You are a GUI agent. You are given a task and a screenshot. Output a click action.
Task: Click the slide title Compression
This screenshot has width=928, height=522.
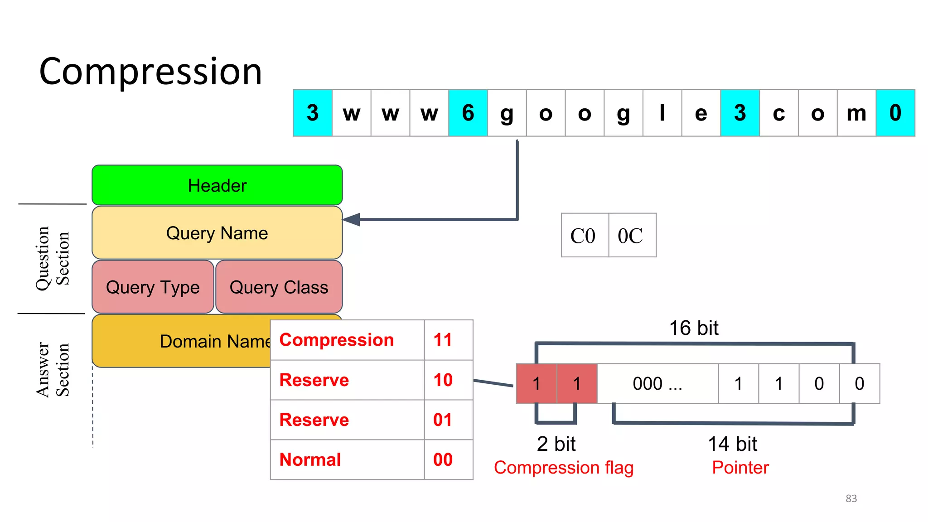click(150, 72)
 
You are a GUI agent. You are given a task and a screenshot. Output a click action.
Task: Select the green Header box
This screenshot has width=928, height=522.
click(217, 185)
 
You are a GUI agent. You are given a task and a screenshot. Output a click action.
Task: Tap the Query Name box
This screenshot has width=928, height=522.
click(217, 233)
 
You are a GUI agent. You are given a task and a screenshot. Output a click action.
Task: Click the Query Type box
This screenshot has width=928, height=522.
click(153, 287)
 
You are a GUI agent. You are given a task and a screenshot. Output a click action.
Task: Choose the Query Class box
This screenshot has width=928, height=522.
click(279, 287)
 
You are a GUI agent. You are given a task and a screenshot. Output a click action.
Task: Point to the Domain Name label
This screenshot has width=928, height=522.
click(215, 341)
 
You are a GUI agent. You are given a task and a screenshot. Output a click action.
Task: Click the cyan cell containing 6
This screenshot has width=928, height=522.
click(468, 113)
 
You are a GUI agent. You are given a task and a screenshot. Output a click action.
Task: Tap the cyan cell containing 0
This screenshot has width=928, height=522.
click(895, 113)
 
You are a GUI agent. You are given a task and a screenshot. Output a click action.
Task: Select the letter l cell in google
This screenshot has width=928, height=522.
click(662, 113)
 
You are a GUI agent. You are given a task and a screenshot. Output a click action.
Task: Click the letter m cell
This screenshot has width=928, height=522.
click(856, 113)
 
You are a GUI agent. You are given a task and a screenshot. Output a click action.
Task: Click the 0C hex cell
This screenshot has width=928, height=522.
click(632, 236)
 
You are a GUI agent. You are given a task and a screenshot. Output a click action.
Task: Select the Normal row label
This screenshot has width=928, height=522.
click(310, 459)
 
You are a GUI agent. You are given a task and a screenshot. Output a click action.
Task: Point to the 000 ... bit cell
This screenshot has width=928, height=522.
click(657, 383)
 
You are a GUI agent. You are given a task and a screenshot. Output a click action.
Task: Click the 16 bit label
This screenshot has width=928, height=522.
click(693, 328)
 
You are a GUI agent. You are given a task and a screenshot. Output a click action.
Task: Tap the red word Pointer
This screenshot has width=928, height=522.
click(740, 467)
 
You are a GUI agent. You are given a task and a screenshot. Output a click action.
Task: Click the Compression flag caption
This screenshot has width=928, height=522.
click(563, 467)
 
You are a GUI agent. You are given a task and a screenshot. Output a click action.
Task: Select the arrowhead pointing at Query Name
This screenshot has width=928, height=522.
click(352, 220)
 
